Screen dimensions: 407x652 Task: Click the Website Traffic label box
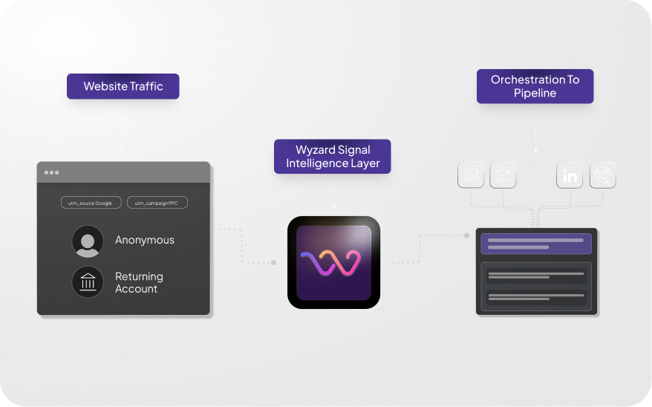(x=123, y=86)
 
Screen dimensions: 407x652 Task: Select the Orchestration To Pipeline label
(x=535, y=86)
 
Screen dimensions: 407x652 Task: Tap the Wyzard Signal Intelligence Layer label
(x=333, y=157)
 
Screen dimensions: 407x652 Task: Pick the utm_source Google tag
(x=91, y=202)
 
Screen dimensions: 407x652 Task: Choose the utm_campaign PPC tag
(x=157, y=202)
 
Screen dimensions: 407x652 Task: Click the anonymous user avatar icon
(x=88, y=241)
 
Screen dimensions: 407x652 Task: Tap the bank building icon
(x=88, y=282)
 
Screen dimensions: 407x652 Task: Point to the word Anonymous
(x=145, y=240)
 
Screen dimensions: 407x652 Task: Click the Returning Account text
(x=139, y=282)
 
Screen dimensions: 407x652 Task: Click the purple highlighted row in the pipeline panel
(x=536, y=244)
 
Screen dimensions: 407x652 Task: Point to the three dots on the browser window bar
(x=51, y=172)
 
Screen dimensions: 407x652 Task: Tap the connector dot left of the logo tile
(x=274, y=262)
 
